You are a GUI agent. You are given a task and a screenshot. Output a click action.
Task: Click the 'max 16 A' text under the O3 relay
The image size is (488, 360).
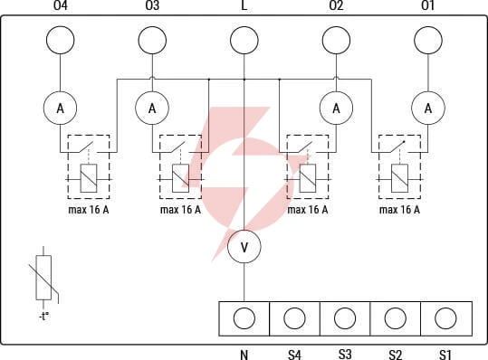pos(180,210)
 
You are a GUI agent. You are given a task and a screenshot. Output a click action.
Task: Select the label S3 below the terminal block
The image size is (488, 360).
pos(345,354)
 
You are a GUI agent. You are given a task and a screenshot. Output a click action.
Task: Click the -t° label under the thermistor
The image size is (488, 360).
pos(44,317)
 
